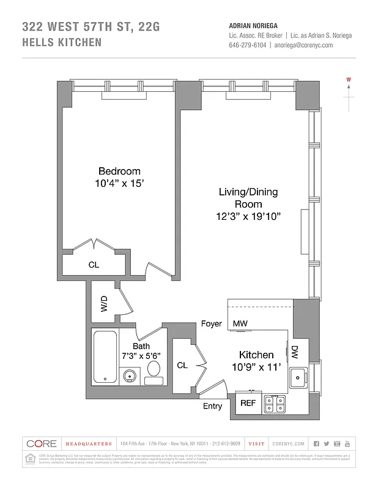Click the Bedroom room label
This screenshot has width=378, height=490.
tap(119, 171)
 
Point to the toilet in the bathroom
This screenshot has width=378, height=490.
tap(154, 371)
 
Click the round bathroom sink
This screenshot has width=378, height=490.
tap(130, 375)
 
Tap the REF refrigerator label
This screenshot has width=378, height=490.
tap(247, 403)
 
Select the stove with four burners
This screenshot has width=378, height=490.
tap(274, 403)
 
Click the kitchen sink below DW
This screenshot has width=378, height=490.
tap(299, 377)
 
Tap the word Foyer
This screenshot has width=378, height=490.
tap(211, 323)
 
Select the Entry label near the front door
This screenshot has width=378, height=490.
tap(212, 406)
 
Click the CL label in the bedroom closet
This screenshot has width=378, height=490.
tap(94, 265)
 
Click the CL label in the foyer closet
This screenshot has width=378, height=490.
tap(182, 365)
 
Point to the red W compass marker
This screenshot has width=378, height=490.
tap(348, 80)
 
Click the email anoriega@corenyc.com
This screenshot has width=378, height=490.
tap(303, 45)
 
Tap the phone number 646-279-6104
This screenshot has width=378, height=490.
tap(248, 45)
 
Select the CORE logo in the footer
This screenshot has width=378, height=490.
tap(42, 443)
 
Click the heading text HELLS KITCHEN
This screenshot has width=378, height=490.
tap(62, 43)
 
